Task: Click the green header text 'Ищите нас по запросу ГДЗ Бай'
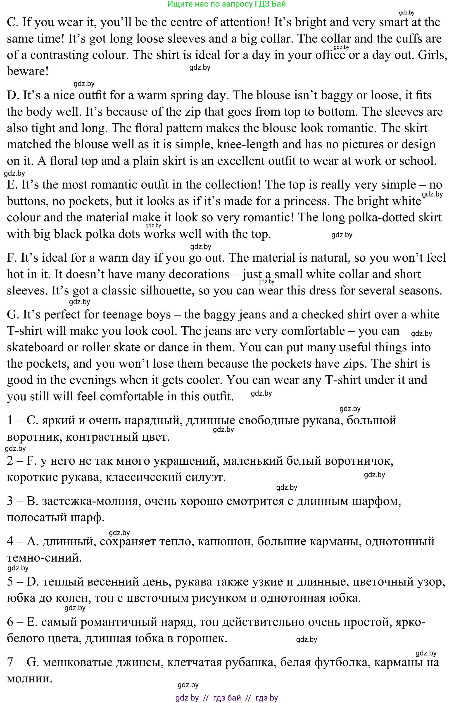tap(226, 4)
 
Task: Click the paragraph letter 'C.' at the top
tap(13, 22)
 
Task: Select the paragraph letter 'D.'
tap(13, 96)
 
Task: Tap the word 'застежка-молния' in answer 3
tap(90, 501)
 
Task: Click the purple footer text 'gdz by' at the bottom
tap(187, 698)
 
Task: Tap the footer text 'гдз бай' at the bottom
tap(227, 698)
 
